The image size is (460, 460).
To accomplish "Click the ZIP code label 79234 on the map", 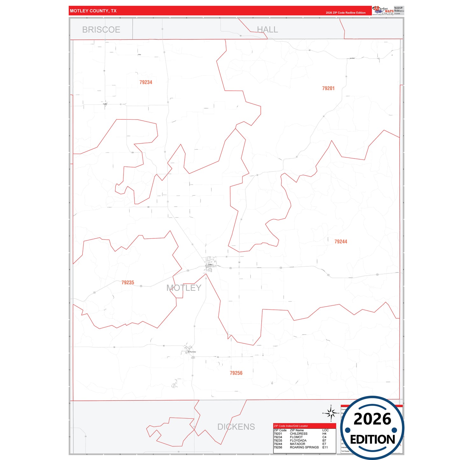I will [146, 82].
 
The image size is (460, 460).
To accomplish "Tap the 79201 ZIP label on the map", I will [328, 88].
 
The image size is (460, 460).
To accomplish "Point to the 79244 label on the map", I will [341, 242].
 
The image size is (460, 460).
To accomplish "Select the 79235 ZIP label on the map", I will [128, 283].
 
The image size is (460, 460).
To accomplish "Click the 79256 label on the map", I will [236, 373].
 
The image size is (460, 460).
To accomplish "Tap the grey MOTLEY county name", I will [184, 288].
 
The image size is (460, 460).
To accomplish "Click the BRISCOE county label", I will [101, 30].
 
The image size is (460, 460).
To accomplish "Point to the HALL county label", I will [267, 30].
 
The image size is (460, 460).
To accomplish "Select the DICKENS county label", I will [236, 427].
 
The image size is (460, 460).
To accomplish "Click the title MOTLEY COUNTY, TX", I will [93, 11].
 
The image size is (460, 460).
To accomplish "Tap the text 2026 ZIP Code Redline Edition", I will [345, 13].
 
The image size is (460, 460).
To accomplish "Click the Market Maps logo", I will [383, 11].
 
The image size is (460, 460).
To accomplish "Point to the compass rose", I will [331, 413].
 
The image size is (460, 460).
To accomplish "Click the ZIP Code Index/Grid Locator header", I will [291, 426].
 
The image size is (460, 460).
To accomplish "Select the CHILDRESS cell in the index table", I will [299, 434].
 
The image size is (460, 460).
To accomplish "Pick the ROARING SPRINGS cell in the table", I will [304, 447].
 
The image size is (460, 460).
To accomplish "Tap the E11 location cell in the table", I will [325, 447].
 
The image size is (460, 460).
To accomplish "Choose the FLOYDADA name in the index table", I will [298, 441].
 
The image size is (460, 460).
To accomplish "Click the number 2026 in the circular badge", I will [372, 419].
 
